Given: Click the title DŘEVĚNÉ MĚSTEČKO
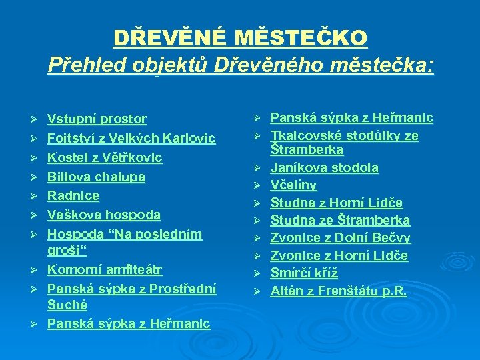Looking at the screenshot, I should coord(240,38).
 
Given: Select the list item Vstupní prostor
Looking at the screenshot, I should coord(97,119).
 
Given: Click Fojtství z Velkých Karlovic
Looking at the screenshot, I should coord(131,139).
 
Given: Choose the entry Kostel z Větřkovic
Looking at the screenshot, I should coord(105,158).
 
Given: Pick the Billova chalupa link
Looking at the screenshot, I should coord(96,177).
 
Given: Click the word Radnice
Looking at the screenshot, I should coord(73,196).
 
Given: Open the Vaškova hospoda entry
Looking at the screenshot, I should coord(104,215).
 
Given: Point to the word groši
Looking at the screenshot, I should coord(67,251).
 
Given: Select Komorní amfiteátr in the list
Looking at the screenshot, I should coord(105,270).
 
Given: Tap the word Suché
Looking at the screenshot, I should coord(67,305).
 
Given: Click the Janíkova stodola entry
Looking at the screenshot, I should coord(324,167).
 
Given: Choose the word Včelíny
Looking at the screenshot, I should coord(293,185).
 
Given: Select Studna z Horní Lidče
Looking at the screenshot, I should coord(336,203).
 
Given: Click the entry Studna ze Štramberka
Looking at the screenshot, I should coord(340,221).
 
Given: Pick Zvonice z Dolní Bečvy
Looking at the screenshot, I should coord(340,238).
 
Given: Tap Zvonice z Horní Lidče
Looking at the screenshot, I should coord(339,256).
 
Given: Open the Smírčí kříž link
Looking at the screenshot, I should coord(304,273).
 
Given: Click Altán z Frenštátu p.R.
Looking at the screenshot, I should coord(338,291).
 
